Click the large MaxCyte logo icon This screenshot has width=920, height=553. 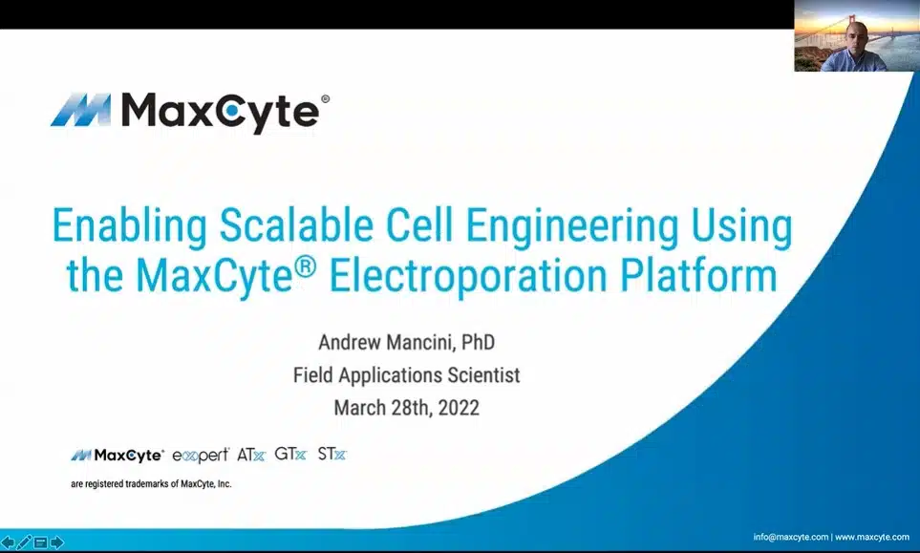pos(80,110)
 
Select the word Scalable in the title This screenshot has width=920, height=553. pos(296,225)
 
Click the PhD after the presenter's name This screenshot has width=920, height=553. pos(479,341)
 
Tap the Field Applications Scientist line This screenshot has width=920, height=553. pos(407,374)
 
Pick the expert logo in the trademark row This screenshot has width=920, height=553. pos(201,455)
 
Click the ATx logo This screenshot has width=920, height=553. pos(251,455)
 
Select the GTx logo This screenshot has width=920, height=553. pos(290,454)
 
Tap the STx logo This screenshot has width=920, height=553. pos(332,454)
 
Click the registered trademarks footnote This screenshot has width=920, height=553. pos(151,484)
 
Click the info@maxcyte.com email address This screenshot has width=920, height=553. pos(790,537)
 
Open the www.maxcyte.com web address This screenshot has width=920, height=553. pos(872,537)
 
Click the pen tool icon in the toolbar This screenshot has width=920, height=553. pos(24,542)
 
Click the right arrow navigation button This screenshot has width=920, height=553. pos(57,542)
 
